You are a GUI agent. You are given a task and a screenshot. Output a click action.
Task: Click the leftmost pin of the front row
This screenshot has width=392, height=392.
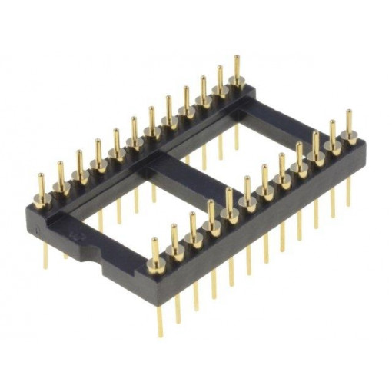coord(154,253)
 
